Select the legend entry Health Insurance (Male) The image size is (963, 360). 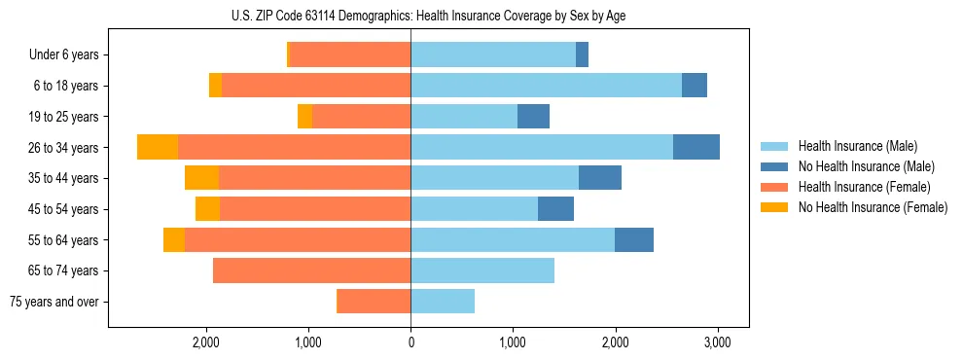(x=857, y=146)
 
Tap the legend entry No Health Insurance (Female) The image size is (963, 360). (x=872, y=207)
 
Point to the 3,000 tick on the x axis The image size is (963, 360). (x=717, y=342)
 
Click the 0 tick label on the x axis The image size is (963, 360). (x=410, y=342)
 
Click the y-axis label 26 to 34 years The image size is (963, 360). (x=63, y=148)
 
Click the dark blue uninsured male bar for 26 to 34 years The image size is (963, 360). (x=695, y=147)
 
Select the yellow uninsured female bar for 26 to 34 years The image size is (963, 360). (x=158, y=147)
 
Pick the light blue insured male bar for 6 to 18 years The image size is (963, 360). (x=546, y=86)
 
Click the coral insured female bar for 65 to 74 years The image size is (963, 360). (x=311, y=270)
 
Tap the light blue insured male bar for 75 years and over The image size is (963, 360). (x=443, y=302)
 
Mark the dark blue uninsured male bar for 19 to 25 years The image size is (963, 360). (x=533, y=117)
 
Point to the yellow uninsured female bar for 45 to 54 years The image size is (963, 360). (x=207, y=209)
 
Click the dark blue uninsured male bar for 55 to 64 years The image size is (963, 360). (x=633, y=239)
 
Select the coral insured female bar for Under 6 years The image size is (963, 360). (x=350, y=55)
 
